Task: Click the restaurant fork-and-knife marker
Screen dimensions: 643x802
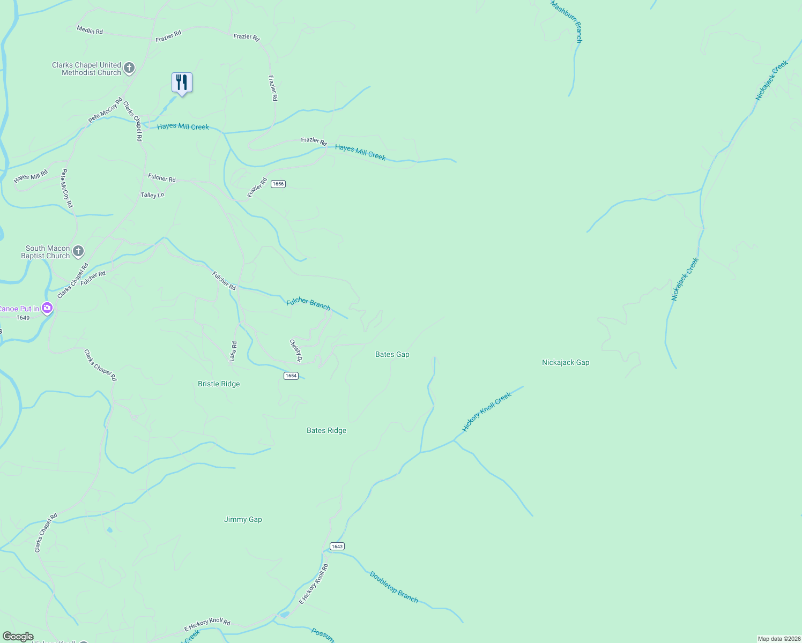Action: [182, 83]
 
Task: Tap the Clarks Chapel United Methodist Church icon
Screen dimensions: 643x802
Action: [129, 68]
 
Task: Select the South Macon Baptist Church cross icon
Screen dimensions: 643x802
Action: [78, 251]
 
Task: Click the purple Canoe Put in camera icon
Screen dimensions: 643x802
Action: [47, 308]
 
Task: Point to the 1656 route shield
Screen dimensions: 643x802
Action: [278, 184]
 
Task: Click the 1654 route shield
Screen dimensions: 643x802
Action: [291, 376]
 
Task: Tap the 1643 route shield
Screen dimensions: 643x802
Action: [337, 547]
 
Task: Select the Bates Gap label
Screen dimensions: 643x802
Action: [392, 354]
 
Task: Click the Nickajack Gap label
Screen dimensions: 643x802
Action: [566, 362]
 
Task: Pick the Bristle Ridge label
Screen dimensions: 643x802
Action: [219, 384]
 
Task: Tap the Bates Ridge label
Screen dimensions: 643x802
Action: [326, 430]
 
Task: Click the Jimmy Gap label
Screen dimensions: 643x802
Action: [243, 519]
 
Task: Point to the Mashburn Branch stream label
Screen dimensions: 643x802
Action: [567, 21]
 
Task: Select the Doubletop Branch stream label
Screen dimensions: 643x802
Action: [394, 587]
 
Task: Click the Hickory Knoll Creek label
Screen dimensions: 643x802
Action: [487, 412]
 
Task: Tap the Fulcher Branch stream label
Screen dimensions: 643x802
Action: [308, 303]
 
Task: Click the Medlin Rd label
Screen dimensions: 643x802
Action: [90, 31]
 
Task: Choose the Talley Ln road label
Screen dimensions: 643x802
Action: [152, 195]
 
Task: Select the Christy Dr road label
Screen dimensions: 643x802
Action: [296, 350]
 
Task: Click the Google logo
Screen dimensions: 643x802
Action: [18, 637]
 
